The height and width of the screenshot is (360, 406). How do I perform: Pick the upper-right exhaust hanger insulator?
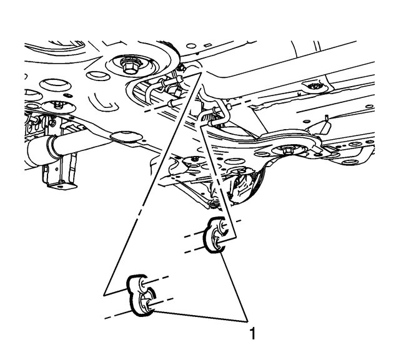[x=217, y=235]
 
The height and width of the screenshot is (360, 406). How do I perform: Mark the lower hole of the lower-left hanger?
[x=148, y=304]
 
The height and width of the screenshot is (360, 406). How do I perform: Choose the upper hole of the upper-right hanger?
[x=220, y=225]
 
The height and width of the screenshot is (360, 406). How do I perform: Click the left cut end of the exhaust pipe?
[x=29, y=153]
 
